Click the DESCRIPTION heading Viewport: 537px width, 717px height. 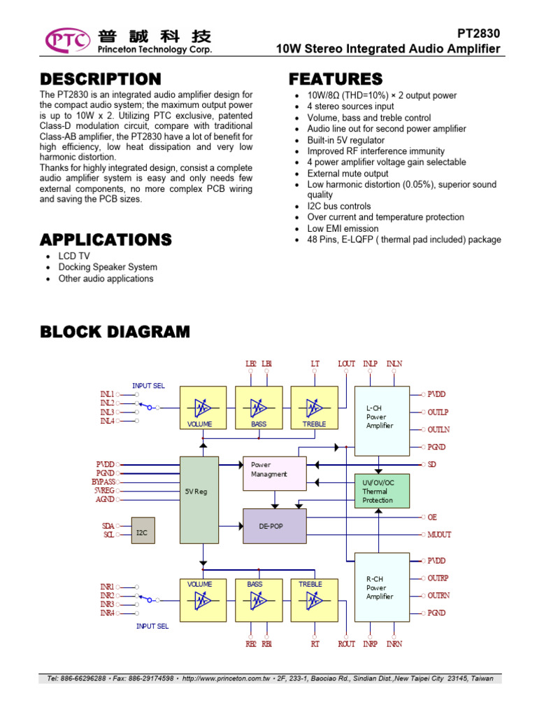click(x=100, y=79)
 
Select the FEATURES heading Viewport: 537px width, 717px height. click(x=336, y=79)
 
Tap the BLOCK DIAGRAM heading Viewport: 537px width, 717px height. click(x=115, y=332)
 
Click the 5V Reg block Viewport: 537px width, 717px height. click(x=199, y=492)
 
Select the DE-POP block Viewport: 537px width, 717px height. click(x=274, y=526)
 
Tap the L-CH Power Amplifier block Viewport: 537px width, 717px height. click(x=382, y=417)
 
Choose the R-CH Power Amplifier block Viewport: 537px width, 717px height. click(x=382, y=587)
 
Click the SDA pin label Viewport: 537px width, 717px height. click(x=108, y=525)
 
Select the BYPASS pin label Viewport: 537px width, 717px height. click(x=103, y=482)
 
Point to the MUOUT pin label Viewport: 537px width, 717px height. click(x=439, y=535)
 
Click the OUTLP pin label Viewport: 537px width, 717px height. click(x=438, y=412)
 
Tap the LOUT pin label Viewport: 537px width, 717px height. click(x=347, y=363)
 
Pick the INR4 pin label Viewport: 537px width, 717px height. click(x=107, y=613)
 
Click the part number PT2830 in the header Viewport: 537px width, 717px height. click(x=479, y=34)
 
